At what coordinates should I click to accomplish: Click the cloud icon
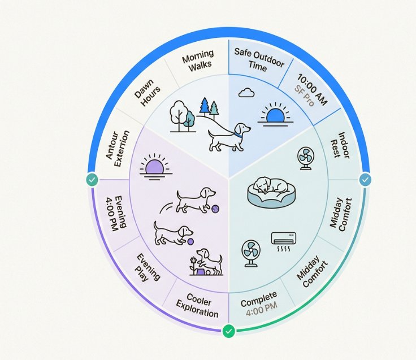point(246,93)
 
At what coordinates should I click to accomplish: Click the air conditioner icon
point(284,241)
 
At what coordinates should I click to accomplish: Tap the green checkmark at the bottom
point(229,331)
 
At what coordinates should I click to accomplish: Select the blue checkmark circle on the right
point(365,180)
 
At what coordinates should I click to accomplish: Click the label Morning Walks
point(198,60)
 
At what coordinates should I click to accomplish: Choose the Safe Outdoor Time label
point(259,60)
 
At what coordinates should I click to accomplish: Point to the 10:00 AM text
point(313,89)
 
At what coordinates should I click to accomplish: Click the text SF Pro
point(304,96)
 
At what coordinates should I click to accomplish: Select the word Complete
point(259,300)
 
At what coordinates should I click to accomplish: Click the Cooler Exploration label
point(198,306)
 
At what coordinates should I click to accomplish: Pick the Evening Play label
point(148,268)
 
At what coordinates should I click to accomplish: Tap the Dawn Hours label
point(148,93)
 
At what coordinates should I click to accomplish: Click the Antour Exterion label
point(118,148)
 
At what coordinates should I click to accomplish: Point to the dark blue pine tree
point(205,107)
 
